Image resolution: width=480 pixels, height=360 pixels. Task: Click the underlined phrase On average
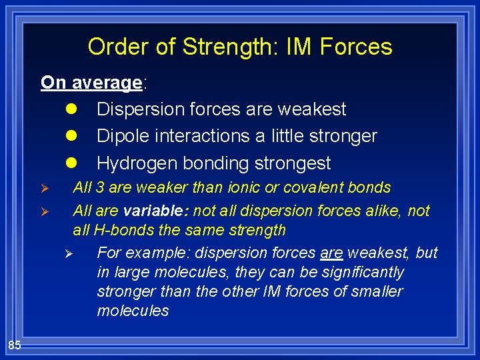click(x=91, y=83)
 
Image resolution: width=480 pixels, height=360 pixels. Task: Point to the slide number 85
click(x=15, y=345)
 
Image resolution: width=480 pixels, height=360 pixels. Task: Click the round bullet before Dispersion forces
click(x=71, y=109)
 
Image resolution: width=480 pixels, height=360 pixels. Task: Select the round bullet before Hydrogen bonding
click(x=71, y=163)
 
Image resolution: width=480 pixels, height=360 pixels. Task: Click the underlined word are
click(x=331, y=253)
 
